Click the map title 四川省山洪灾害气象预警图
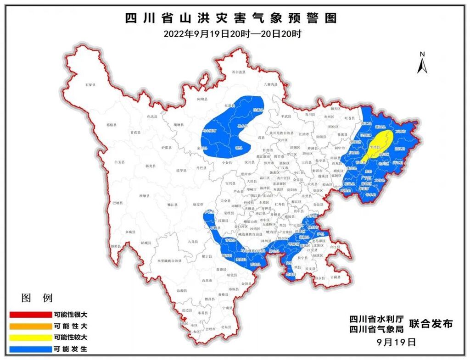coord(231,18)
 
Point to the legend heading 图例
coord(37,298)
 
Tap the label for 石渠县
coord(90,85)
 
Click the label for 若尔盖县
coord(239,72)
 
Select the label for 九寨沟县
coord(271,84)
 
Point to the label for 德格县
coord(112,125)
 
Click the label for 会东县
coord(226,327)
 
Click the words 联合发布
coord(431,324)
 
